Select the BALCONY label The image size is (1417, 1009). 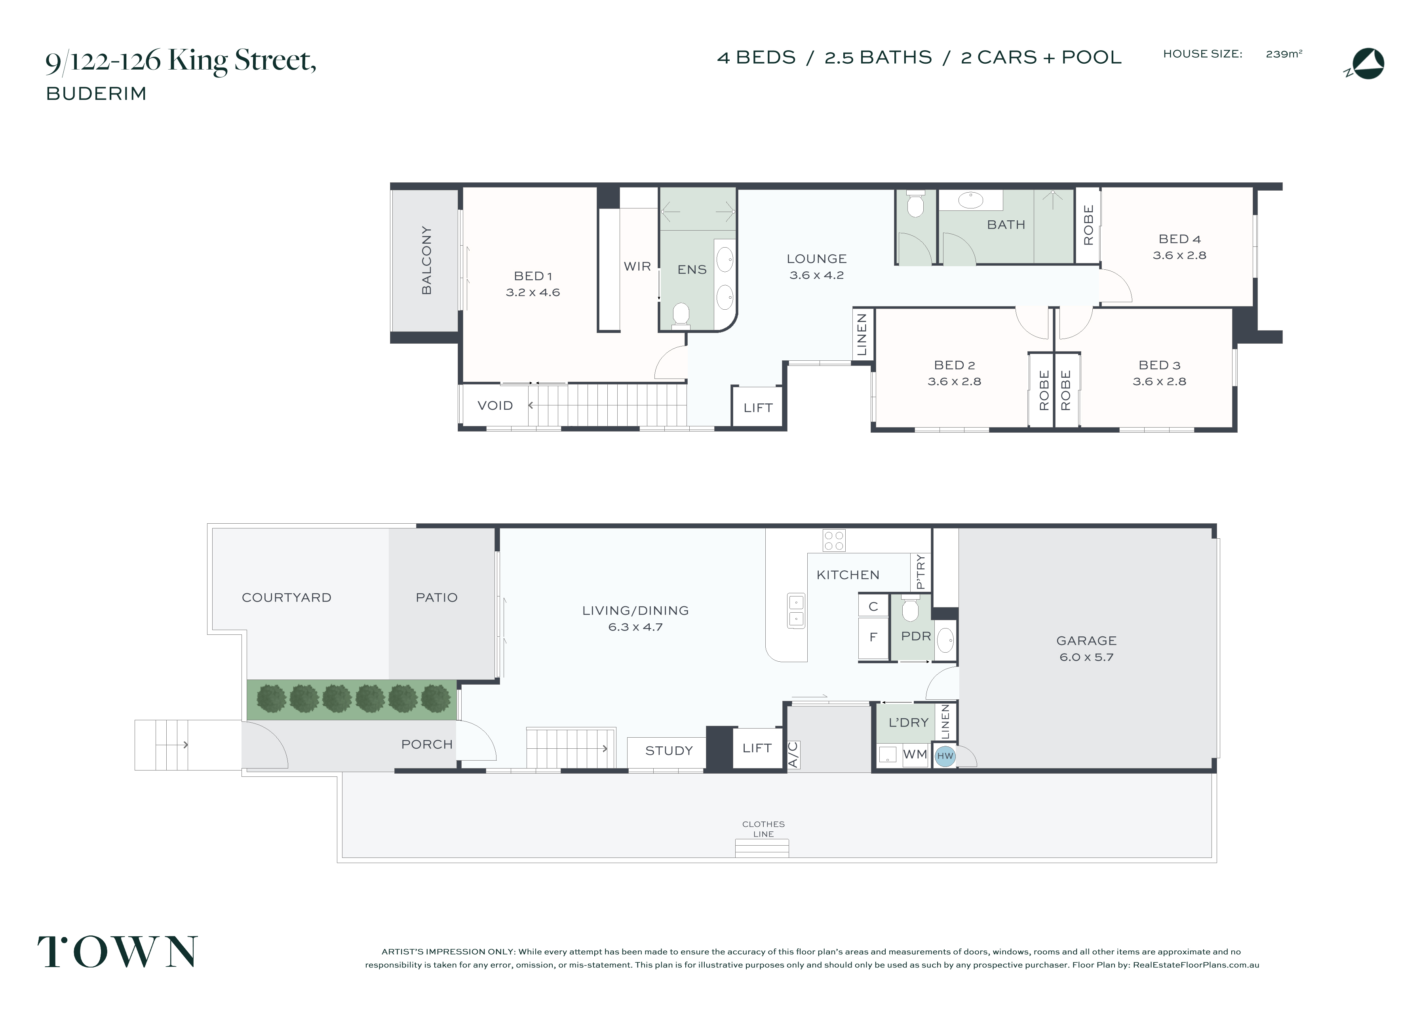coord(426,260)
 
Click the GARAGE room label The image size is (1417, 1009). coord(1086,641)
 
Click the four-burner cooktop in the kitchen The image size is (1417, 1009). coord(834,540)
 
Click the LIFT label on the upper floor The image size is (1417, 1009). coord(758,408)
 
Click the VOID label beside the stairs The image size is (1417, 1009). coord(495,406)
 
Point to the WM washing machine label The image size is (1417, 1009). coord(915,754)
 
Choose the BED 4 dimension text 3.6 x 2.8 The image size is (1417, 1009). coord(1179,256)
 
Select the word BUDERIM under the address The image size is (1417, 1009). coord(96,94)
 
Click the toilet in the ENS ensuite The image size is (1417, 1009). coord(681,314)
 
